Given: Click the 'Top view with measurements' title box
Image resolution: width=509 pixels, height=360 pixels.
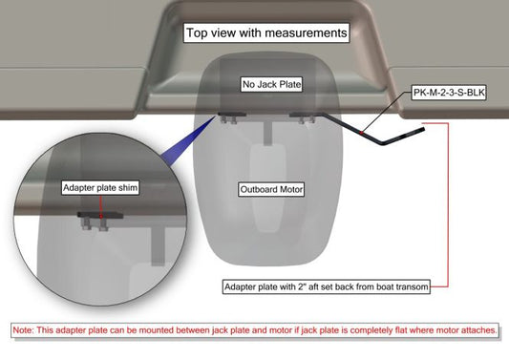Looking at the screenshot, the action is pos(266,32).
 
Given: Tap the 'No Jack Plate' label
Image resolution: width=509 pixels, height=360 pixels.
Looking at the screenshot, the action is pos(272,84).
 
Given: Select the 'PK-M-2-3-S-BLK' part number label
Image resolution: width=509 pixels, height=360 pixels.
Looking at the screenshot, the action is pos(449,93).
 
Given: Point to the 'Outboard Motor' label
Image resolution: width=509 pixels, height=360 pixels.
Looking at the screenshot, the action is pos(271,189).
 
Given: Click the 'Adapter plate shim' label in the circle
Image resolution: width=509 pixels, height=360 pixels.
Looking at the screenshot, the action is pos(100,187).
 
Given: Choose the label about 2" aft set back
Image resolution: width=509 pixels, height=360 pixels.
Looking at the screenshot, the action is pos(327,287).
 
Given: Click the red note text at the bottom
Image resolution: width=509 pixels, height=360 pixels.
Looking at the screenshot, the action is pos(255,330).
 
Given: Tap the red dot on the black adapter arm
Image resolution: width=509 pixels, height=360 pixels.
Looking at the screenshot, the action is pos(361,133).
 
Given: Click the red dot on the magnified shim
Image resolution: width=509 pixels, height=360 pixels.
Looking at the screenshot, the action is pos(101,216).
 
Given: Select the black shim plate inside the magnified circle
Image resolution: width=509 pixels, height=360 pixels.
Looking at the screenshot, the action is pos(100,215).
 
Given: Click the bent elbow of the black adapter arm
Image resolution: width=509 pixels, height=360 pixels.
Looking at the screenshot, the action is pos(383,142).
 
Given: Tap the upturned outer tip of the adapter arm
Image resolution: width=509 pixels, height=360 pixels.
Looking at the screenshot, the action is pos(422,130).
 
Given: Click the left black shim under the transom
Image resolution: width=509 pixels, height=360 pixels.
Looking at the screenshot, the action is pos(232,115).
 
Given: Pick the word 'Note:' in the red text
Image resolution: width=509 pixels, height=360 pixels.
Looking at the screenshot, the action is pos(23,330).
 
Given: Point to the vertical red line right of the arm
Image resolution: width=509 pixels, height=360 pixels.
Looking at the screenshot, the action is pos(448,205).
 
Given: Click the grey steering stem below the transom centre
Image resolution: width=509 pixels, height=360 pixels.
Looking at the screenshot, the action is pos(267,134).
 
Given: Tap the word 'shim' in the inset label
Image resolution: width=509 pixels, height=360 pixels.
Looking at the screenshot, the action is pos(128,187).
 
